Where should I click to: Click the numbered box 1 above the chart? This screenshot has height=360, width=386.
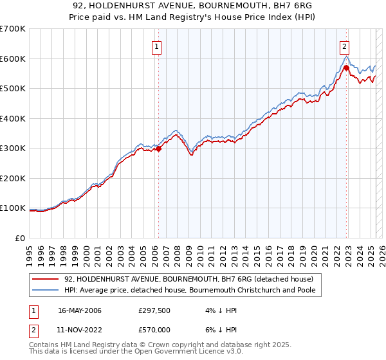pos(157,46)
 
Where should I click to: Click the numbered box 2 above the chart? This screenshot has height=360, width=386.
pos(345,46)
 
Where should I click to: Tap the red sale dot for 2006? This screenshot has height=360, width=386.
pos(158,149)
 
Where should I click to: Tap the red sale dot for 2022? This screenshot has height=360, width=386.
pos(346,67)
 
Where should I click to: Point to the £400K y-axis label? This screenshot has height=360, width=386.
pos(12,118)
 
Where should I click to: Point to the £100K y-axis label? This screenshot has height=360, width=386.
pos(12,208)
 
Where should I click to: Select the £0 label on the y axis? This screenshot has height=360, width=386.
pos(19,238)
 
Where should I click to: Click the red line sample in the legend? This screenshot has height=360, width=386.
pos(44,279)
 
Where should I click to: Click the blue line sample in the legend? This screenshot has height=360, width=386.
pos(44,290)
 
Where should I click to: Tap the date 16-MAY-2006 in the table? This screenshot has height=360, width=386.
pos(80,310)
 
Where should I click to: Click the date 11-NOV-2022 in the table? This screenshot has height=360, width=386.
pos(80,331)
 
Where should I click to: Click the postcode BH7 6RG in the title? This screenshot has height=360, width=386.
pos(273,6)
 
